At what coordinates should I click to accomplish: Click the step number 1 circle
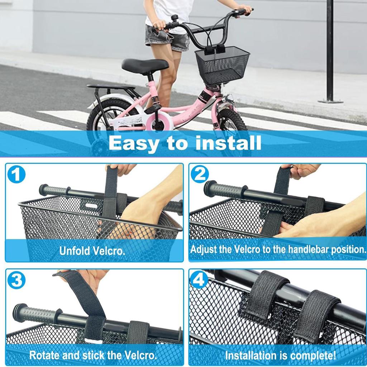pyautogui.click(x=16, y=175)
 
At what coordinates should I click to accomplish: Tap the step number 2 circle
pyautogui.click(x=200, y=175)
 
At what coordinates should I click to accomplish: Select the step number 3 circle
pyautogui.click(x=16, y=280)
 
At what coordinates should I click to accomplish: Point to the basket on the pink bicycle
pyautogui.click(x=222, y=66)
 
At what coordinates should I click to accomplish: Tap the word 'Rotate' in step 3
pyautogui.click(x=44, y=355)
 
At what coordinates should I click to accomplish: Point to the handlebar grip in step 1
pyautogui.click(x=54, y=190)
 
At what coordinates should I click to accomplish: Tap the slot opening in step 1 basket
pyautogui.click(x=92, y=206)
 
